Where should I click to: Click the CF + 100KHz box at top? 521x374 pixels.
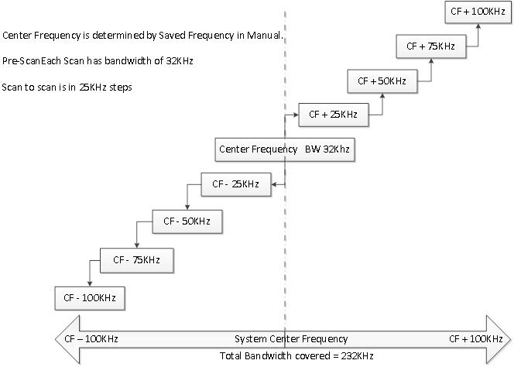[478, 12]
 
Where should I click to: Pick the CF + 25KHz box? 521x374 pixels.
[333, 115]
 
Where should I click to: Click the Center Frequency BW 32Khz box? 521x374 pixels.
[285, 149]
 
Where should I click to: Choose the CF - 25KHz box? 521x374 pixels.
[235, 184]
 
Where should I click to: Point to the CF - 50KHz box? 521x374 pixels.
[187, 221]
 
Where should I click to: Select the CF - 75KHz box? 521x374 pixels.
[136, 260]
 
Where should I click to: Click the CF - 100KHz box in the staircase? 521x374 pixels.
[90, 297]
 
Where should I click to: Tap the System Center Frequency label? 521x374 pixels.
[291, 339]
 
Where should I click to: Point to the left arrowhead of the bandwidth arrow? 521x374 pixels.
[65, 339]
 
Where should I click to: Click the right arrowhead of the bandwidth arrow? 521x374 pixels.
[499, 339]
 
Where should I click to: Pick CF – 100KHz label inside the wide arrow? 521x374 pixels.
[91, 339]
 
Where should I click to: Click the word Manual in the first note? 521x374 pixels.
[268, 36]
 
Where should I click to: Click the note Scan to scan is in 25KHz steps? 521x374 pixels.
[67, 87]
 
